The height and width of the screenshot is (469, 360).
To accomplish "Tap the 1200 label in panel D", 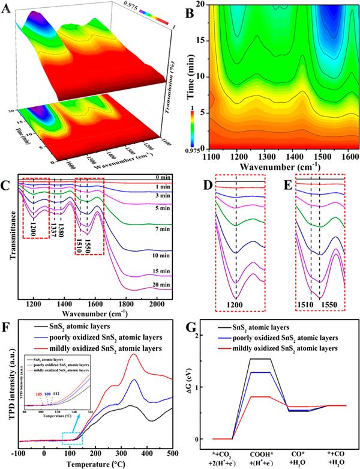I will point(236,303).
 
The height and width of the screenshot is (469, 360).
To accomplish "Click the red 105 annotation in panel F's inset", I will point(40,394).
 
